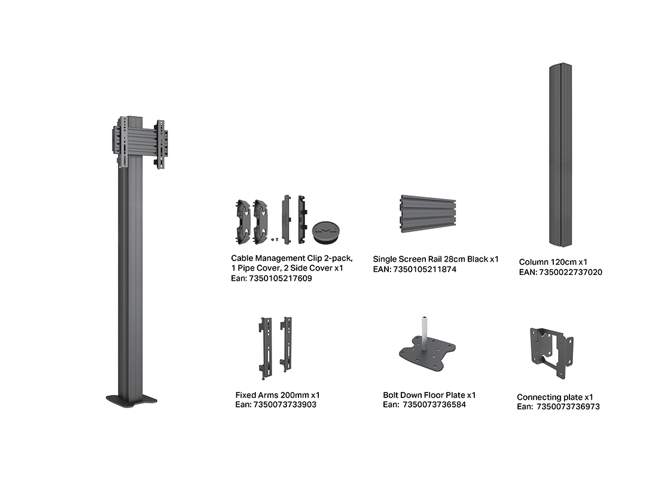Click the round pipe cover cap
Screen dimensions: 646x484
[326, 232]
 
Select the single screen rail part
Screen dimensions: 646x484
[428, 214]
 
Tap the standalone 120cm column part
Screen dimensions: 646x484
[560, 155]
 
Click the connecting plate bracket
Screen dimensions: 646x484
[551, 353]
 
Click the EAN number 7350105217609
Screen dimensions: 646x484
[281, 278]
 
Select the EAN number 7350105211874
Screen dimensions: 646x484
[425, 269]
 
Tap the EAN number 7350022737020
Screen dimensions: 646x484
[571, 272]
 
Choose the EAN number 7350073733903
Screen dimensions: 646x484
[285, 405]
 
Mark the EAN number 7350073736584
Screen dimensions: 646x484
[434, 405]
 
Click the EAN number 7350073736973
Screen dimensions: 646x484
[568, 407]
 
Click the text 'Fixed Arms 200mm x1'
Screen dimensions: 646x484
[278, 395]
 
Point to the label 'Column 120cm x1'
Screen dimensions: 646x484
[553, 262]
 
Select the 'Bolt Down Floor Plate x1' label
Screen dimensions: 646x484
[429, 395]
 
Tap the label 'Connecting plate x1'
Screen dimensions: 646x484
[555, 397]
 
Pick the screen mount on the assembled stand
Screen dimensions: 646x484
[140, 143]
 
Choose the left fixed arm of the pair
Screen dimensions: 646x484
[266, 348]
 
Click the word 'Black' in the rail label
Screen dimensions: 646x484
[477, 259]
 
